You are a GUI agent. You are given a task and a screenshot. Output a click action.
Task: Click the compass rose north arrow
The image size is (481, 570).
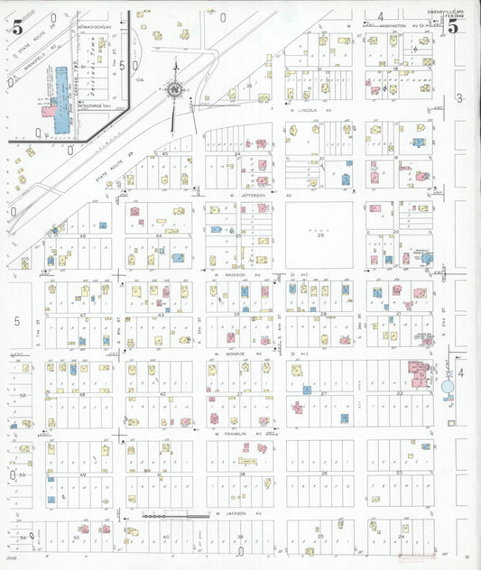[x=175, y=87]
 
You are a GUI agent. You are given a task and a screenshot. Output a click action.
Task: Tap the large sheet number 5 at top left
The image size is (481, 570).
[x=18, y=26]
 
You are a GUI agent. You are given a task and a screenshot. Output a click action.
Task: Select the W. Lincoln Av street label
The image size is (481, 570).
[x=310, y=110]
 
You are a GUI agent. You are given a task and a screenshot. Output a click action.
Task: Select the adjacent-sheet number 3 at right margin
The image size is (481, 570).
[x=458, y=97]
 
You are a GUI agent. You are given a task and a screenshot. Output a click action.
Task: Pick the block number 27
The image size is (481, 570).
[x=323, y=393]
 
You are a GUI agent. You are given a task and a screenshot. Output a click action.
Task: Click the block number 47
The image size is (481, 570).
[x=82, y=315]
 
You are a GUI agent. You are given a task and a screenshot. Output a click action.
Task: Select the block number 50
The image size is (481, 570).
[x=76, y=538]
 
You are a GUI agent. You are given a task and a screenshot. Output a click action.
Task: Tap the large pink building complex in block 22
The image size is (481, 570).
[x=421, y=373]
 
